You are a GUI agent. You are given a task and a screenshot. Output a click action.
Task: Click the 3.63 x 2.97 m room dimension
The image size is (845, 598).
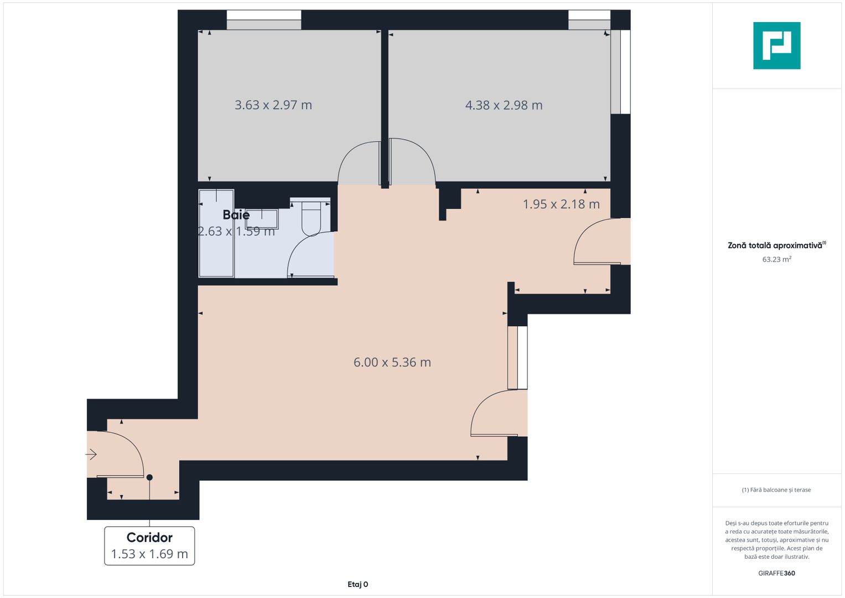[273, 105]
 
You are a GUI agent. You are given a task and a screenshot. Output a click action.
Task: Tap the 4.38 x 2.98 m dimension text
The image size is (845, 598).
[504, 105]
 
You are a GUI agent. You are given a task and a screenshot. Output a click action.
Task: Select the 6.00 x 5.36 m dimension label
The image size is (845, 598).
[392, 363]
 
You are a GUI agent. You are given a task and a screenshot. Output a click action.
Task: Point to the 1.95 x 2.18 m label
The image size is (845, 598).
[561, 204]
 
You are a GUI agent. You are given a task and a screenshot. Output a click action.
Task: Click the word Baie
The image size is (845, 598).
[236, 215]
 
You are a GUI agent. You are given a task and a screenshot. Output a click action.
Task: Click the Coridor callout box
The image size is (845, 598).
[149, 546]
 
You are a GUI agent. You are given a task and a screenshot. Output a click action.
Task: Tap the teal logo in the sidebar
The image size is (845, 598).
[776, 45]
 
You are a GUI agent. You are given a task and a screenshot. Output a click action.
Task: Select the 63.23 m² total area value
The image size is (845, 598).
[776, 259]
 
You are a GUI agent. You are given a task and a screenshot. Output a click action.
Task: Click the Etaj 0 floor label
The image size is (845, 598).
[357, 584]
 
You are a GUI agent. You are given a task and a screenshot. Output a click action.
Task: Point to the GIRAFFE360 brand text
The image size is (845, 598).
[776, 573]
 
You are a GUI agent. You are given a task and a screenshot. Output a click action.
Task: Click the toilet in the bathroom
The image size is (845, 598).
[312, 219]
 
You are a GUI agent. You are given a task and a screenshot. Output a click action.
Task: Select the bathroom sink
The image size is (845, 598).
[262, 219]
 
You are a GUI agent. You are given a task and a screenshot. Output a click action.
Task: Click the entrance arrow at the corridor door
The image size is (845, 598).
[91, 455]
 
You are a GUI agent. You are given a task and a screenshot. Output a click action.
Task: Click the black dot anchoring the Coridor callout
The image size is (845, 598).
[149, 477]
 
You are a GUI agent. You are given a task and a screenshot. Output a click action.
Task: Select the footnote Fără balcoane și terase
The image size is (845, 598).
[776, 490]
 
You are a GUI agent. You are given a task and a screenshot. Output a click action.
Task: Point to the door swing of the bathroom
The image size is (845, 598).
[310, 255]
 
